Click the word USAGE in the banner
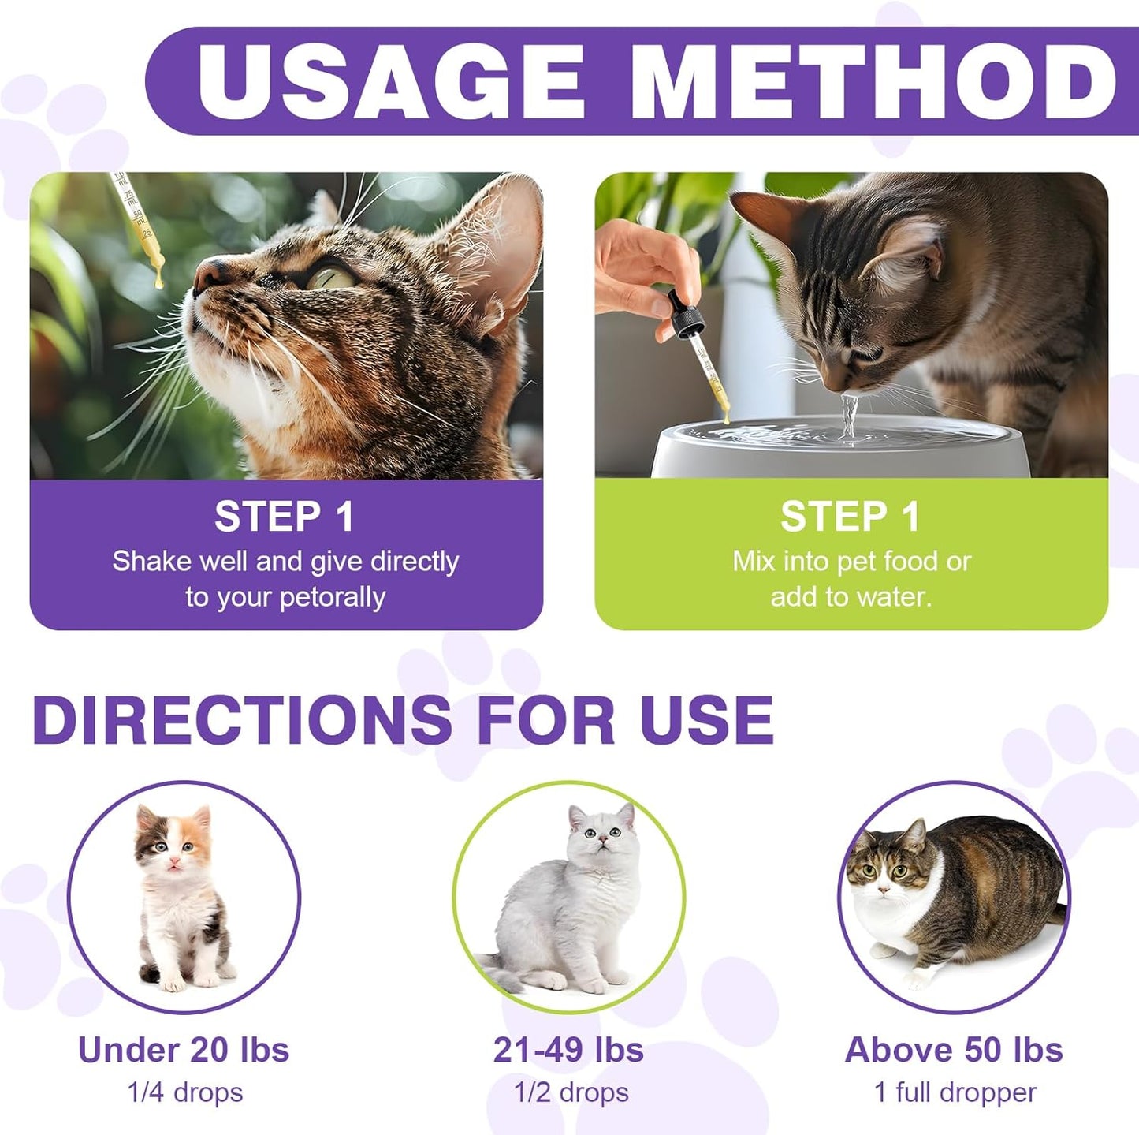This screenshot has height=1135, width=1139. coord(390,81)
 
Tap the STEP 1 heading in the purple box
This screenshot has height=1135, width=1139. coord(285,517)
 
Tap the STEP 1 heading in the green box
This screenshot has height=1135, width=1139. coord(851,517)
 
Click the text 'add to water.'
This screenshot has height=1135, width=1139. coord(851,597)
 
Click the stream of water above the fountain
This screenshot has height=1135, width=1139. coord(849,414)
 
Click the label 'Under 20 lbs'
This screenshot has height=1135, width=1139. coord(184,1050)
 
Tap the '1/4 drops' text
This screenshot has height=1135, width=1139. coord(185,1092)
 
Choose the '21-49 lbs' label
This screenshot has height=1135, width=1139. coord(568,1050)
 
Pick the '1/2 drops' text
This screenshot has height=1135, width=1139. coord(571,1092)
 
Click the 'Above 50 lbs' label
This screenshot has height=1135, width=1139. coord(954,1050)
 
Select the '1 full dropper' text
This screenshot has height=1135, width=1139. coord(955,1092)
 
